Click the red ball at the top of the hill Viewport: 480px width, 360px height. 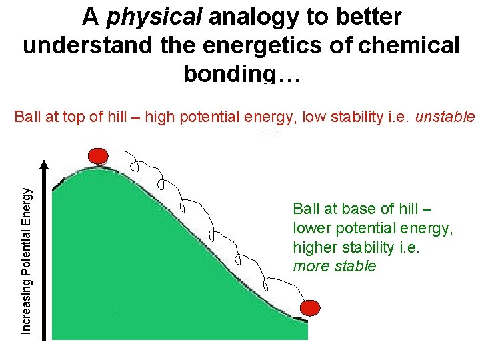[x=98, y=156]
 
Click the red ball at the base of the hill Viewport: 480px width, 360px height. [x=309, y=308]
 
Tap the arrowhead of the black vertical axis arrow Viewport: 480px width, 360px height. [x=44, y=164]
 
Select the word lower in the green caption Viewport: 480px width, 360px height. [x=311, y=228]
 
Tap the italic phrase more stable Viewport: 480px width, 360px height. [x=335, y=267]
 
